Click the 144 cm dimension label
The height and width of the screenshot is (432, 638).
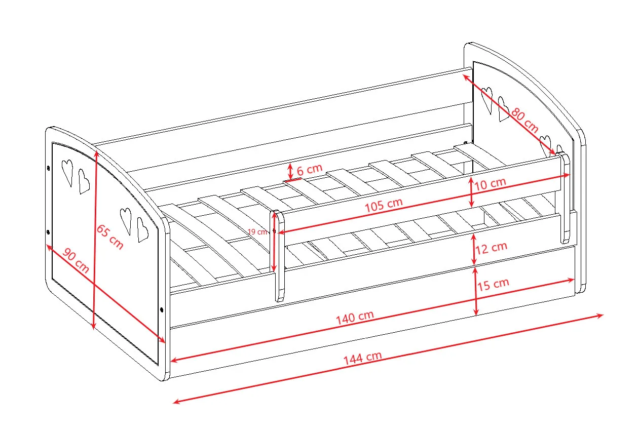[362, 358]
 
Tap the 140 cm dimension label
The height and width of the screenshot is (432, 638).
[355, 318]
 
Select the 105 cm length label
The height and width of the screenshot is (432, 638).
[384, 205]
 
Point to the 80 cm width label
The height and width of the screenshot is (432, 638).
[524, 121]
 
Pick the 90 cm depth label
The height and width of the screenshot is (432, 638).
[76, 260]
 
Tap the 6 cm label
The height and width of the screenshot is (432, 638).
[309, 170]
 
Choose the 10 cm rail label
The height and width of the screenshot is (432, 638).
[490, 184]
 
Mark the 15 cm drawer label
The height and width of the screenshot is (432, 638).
[493, 284]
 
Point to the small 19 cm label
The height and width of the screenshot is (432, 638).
[257, 231]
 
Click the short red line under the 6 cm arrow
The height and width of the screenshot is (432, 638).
[292, 180]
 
